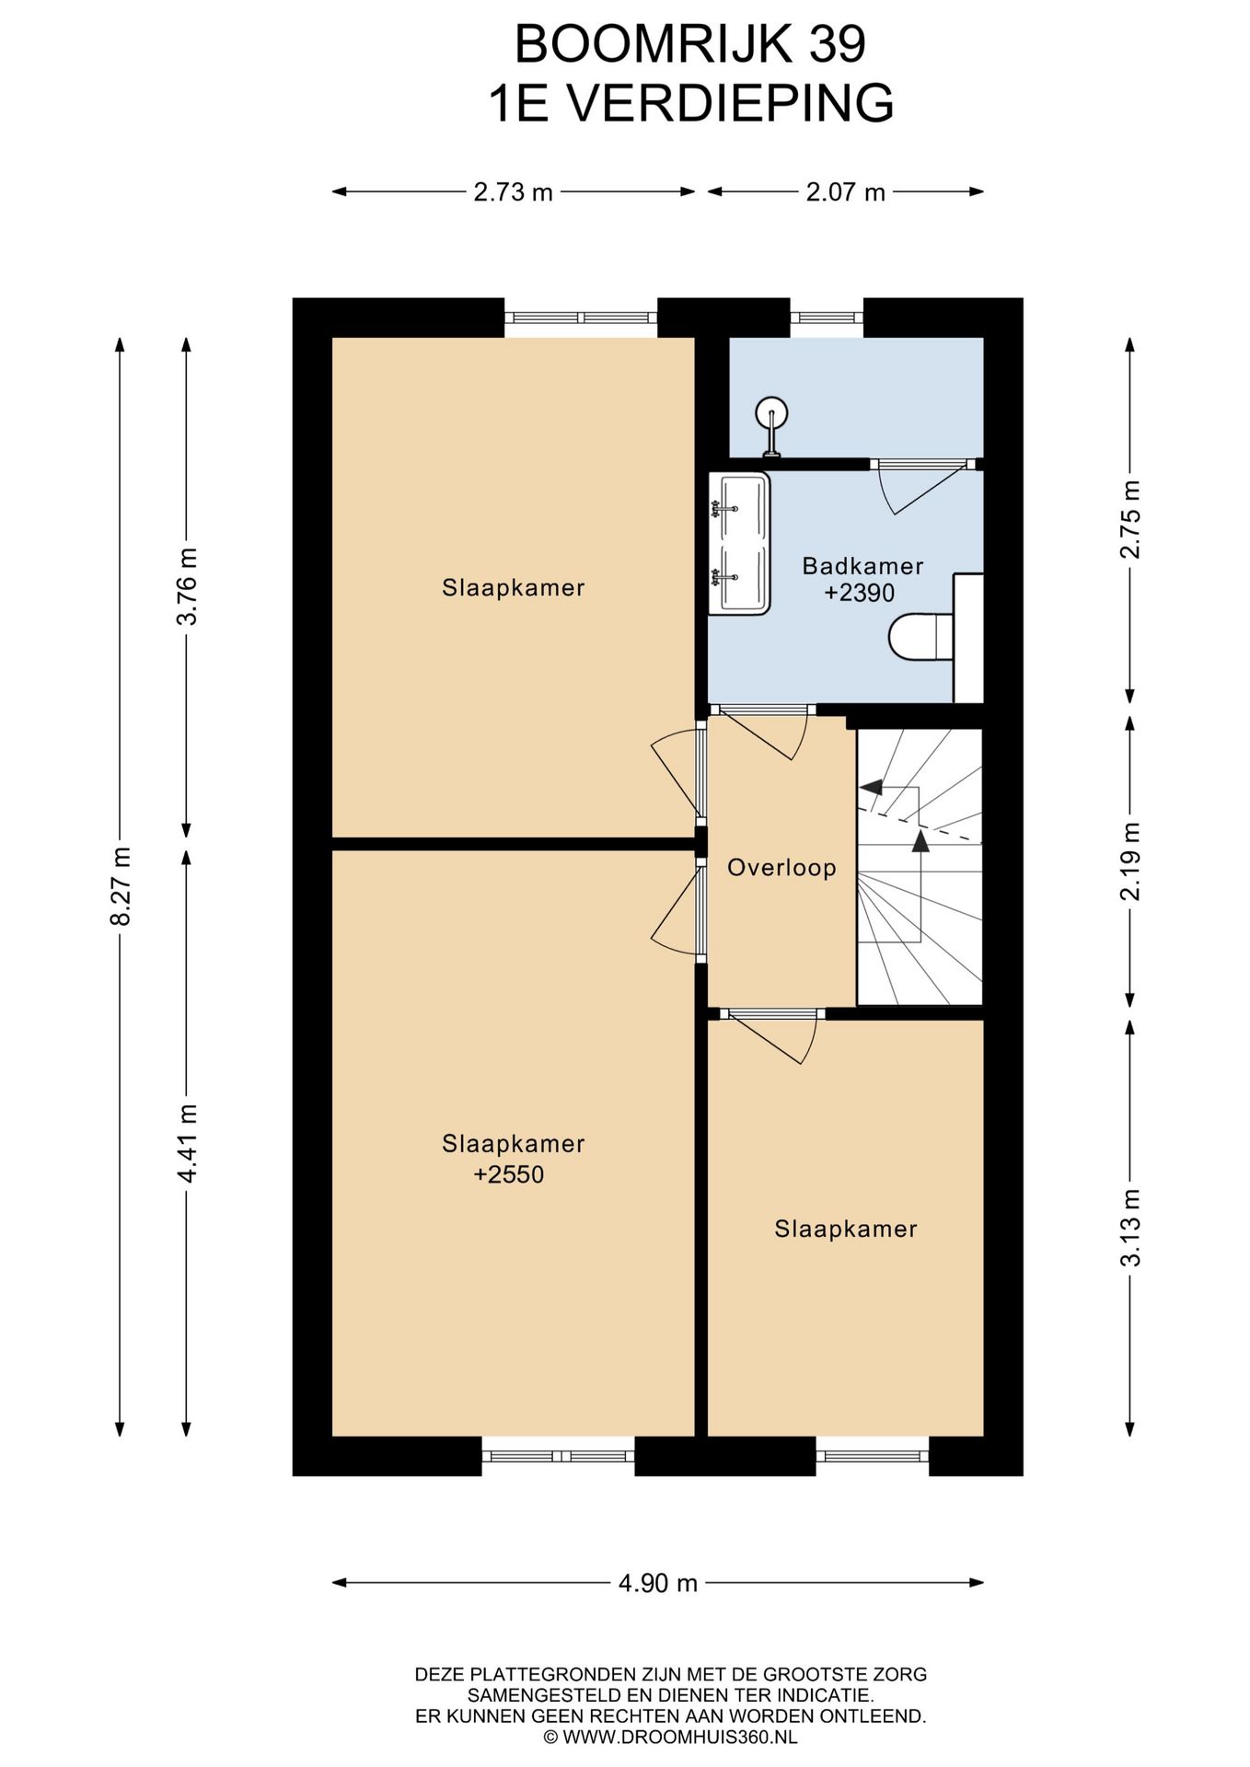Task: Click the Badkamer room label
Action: click(x=862, y=566)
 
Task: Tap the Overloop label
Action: click(x=781, y=867)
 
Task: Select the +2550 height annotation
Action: click(x=509, y=1174)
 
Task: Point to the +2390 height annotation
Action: click(x=860, y=593)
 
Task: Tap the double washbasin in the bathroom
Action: click(x=739, y=544)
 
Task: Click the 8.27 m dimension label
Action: click(x=121, y=885)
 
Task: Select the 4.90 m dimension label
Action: click(x=657, y=1583)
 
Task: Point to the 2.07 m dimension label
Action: click(x=845, y=192)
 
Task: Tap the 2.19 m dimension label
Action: click(x=1130, y=860)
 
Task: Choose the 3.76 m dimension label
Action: click(x=187, y=586)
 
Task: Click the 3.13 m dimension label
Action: click(x=1130, y=1228)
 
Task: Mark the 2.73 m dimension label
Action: click(x=513, y=192)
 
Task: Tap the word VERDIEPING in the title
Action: click(x=730, y=103)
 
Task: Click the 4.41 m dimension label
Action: click(x=187, y=1143)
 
